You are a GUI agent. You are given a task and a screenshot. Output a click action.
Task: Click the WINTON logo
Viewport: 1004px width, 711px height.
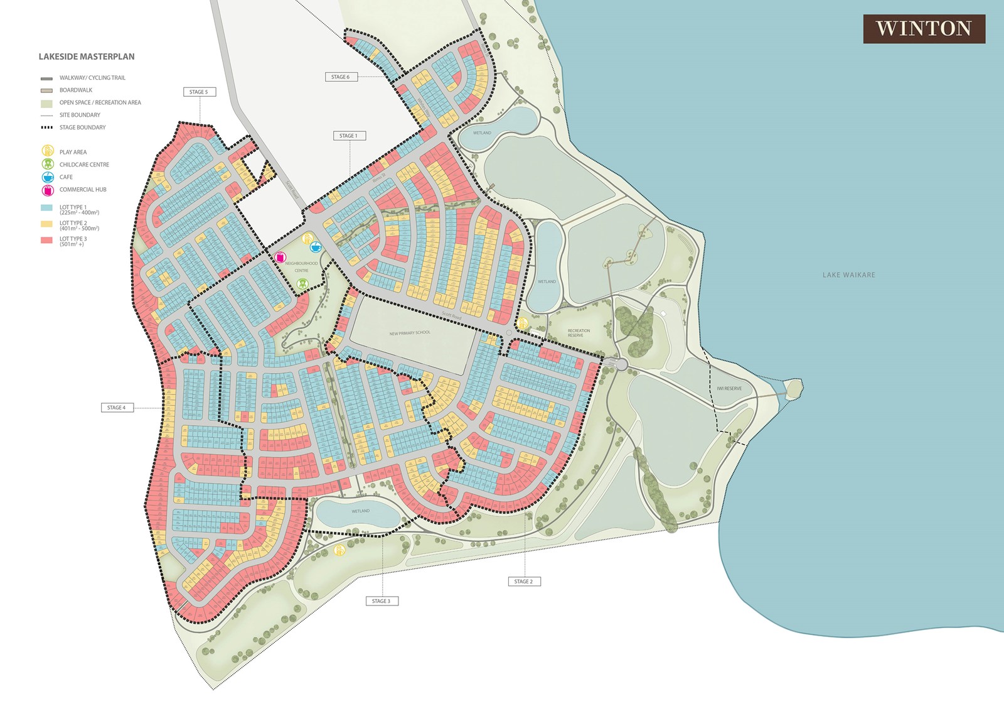[x=924, y=29]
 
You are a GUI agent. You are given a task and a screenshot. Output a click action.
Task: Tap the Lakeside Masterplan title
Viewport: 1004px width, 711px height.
[x=87, y=57]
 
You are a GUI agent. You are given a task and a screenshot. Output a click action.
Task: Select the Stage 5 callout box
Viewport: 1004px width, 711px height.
[x=199, y=92]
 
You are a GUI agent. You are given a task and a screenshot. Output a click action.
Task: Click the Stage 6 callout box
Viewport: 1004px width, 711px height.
[x=341, y=77]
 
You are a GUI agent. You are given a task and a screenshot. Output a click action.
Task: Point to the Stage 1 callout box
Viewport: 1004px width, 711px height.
[x=349, y=136]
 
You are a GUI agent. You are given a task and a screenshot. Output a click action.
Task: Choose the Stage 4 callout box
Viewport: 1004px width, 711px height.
[x=117, y=408]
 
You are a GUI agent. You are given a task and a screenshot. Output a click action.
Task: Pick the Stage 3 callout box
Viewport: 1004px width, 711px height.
[x=382, y=601]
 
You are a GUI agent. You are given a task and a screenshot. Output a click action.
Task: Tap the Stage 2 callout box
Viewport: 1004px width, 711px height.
[x=524, y=582]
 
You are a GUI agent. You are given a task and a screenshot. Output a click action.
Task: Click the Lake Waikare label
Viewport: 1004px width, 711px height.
[x=848, y=275]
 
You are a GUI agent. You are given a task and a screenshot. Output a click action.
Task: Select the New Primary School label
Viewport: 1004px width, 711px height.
[x=410, y=333]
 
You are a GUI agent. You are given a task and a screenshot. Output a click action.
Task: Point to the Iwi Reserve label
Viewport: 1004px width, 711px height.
[x=729, y=389]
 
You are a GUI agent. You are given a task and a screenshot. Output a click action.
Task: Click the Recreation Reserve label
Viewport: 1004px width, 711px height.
[x=579, y=333]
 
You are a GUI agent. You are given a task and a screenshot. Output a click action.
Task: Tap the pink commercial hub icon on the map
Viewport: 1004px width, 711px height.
[x=280, y=258]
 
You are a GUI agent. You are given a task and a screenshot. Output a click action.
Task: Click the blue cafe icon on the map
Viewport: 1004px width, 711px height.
[x=316, y=247]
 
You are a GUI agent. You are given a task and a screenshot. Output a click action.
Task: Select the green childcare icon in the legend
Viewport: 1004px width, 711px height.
[x=48, y=165]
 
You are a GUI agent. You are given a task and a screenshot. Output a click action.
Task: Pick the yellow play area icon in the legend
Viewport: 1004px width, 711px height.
[x=48, y=151]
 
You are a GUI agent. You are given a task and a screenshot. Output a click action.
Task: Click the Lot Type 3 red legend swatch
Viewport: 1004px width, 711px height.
[x=46, y=241]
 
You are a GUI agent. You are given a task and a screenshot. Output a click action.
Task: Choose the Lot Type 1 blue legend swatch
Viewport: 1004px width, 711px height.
[x=46, y=208]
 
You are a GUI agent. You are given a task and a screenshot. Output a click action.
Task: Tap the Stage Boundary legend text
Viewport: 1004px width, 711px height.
[x=82, y=128]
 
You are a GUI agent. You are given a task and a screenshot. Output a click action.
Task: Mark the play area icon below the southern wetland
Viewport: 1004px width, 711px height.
[x=339, y=550]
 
